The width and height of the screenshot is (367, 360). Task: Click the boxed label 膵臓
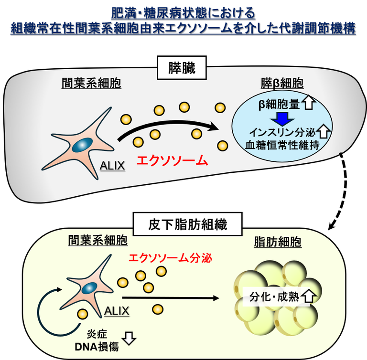182,68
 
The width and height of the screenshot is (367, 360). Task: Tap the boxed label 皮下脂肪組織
187,224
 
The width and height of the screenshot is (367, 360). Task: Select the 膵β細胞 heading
282,83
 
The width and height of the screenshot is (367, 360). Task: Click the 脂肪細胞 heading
278,242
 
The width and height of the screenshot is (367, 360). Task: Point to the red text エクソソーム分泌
171,258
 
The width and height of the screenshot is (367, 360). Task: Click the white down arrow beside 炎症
129,338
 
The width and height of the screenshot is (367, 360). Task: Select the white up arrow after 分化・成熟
309,296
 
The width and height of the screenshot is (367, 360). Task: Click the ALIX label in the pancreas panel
112,166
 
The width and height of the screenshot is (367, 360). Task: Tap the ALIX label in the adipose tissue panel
117,311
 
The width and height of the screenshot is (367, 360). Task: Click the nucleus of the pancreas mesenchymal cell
82,145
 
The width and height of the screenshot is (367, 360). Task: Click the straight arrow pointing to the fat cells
171,298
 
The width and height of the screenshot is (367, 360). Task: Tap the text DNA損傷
97,347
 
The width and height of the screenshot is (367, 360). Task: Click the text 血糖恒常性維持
282,145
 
